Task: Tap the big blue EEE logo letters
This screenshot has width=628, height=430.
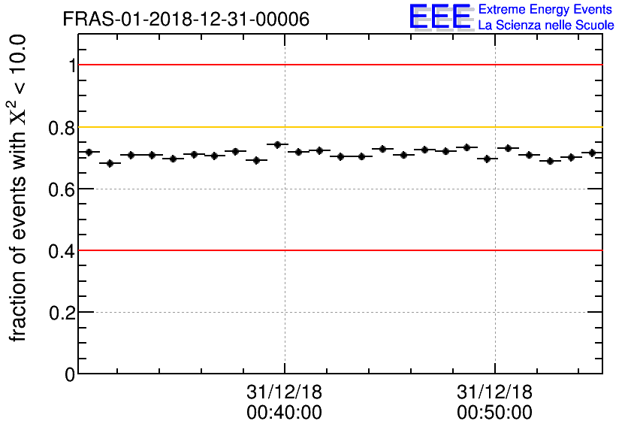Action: pos(440,17)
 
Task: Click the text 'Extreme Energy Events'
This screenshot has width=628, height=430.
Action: pos(546,10)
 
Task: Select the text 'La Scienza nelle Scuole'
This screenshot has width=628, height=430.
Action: pos(546,26)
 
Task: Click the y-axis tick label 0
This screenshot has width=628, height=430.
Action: pos(70,374)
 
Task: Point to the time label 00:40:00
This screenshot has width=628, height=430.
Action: pos(284,413)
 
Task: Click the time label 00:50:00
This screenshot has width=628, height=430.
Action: pos(494,413)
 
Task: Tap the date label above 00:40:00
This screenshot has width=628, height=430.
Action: pos(284,392)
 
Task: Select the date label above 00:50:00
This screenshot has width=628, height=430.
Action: pos(494,392)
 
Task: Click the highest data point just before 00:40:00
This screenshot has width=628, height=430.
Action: pos(278,144)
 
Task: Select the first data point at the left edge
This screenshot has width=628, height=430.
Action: pos(89,152)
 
